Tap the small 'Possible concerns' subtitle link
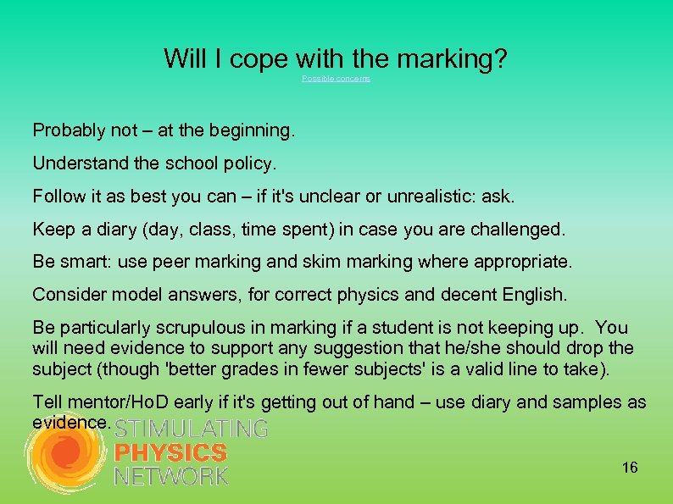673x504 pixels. (x=336, y=79)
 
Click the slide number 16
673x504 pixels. (x=630, y=468)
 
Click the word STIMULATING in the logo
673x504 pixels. (x=191, y=429)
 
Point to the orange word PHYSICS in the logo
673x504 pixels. (x=170, y=453)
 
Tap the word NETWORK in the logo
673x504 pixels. (x=171, y=476)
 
